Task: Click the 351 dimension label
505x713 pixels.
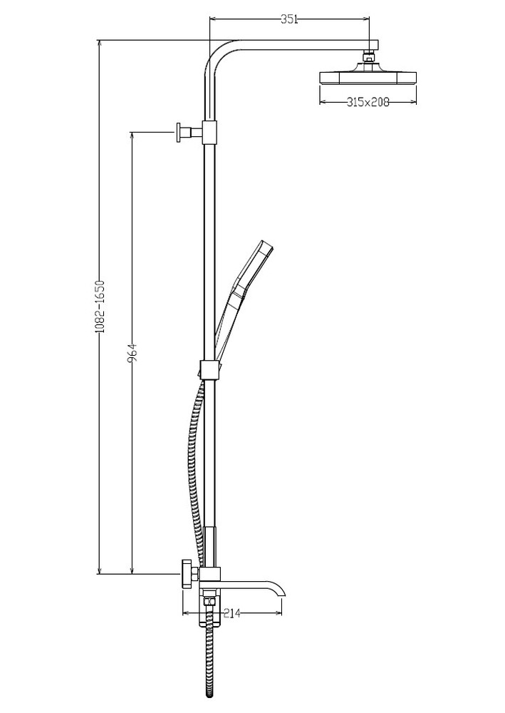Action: tap(289, 19)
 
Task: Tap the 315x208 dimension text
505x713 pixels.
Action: tap(368, 102)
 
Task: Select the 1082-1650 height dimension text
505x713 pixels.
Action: tap(100, 307)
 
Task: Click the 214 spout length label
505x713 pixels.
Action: tap(231, 613)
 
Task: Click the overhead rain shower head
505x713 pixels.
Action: tap(368, 77)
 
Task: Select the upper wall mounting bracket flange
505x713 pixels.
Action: tap(179, 133)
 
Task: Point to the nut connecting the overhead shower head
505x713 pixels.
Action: tap(369, 57)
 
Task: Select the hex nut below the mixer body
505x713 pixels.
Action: tap(209, 601)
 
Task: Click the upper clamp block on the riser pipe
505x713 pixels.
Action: tap(210, 132)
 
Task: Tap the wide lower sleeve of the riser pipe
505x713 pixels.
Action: tap(211, 548)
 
